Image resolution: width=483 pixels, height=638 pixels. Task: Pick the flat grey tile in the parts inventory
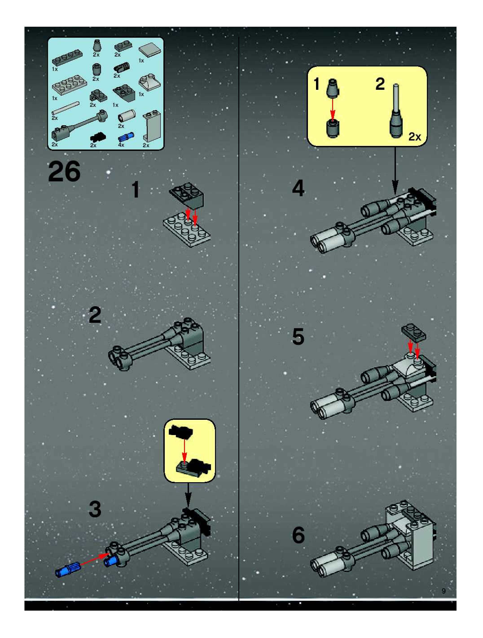pos(150,51)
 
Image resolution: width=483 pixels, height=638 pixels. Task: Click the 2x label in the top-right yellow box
pos(415,137)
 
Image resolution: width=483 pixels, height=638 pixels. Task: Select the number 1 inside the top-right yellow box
pos(317,84)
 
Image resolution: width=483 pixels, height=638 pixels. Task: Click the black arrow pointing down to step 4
pos(395,170)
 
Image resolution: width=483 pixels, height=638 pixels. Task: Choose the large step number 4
pos(299,188)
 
